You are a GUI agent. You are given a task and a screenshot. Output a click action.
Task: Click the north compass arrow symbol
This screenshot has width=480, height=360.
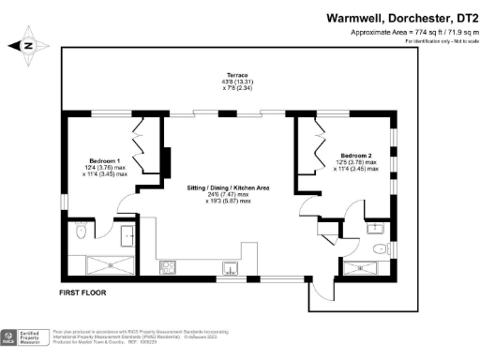pyautogui.click(x=28, y=44)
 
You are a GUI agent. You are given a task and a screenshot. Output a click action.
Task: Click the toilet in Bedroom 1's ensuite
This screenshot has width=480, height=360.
pyautogui.click(x=81, y=230)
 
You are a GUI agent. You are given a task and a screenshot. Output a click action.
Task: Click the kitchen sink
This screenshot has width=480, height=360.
pyautogui.click(x=229, y=269)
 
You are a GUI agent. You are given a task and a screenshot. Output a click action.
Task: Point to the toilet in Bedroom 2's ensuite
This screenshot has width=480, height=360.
pyautogui.click(x=377, y=249)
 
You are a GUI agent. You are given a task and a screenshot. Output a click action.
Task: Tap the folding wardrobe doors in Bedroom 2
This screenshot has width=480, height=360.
pyautogui.click(x=305, y=150)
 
